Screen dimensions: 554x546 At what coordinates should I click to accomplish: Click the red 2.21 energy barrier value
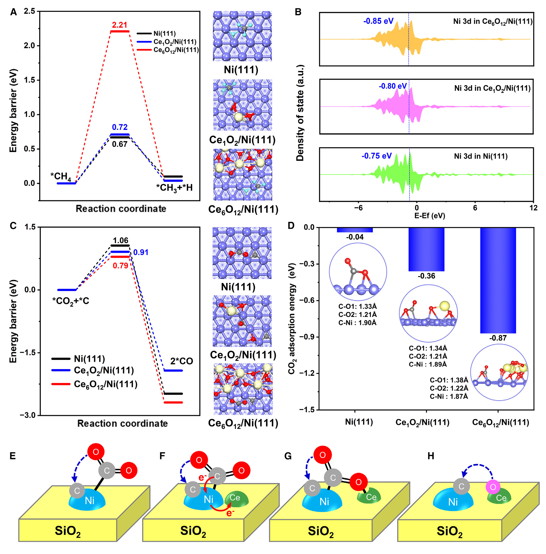click(119, 25)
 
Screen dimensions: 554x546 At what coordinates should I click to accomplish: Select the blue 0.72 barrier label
click(120, 127)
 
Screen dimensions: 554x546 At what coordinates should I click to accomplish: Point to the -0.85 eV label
click(378, 21)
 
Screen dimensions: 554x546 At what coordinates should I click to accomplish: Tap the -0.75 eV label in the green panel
click(376, 156)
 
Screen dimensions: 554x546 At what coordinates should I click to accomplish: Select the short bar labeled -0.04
click(355, 230)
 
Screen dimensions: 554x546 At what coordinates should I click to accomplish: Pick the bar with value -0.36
click(426, 249)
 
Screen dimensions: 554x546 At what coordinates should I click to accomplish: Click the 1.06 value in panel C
click(120, 240)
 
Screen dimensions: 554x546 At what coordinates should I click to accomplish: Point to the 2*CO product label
click(182, 361)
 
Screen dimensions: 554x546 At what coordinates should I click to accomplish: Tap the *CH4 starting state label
click(61, 176)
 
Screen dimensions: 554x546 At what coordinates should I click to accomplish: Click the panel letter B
click(298, 12)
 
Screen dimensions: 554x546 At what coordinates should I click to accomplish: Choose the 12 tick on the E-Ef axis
click(533, 208)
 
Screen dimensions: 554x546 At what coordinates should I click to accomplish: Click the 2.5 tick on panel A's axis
click(30, 12)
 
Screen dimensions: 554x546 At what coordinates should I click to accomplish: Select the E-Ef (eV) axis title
click(430, 216)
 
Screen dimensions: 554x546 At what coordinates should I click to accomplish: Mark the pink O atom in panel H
click(493, 487)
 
